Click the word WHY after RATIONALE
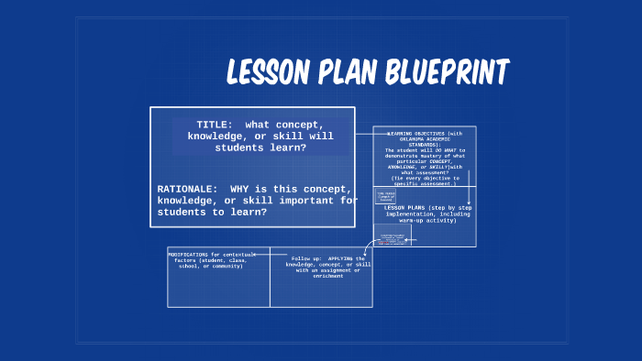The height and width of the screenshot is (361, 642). click(242, 189)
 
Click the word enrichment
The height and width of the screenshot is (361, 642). click(327, 276)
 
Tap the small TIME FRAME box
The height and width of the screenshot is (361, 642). click(386, 195)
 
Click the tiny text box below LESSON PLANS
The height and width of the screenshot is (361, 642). click(393, 234)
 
